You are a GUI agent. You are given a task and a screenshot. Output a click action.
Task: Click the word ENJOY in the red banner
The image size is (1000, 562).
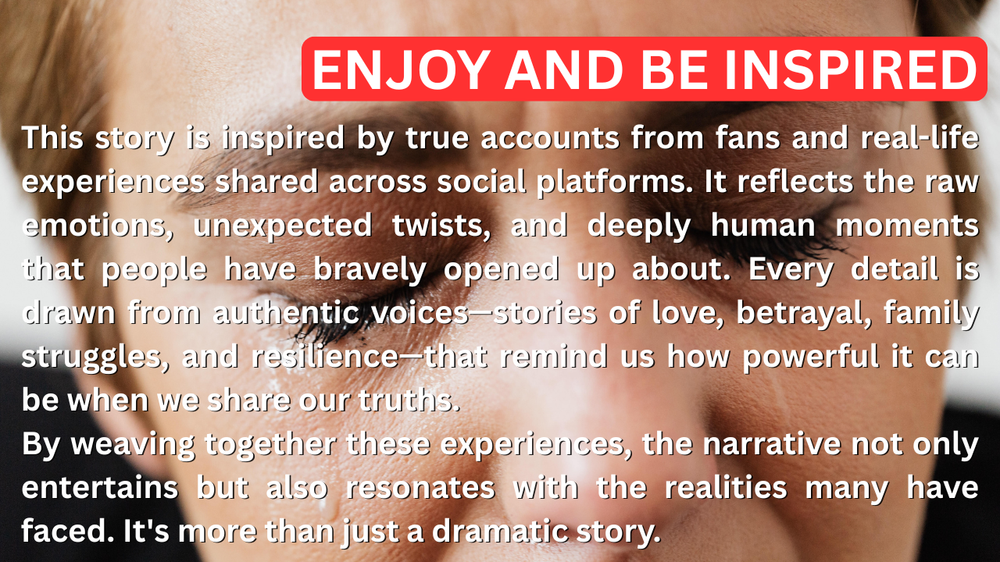click(x=399, y=70)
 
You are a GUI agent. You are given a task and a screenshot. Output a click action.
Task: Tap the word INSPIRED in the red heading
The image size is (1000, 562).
click(x=851, y=70)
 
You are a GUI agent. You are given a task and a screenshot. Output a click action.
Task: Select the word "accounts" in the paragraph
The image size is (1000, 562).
click(x=550, y=137)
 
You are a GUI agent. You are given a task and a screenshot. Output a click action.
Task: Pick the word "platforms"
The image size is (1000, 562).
click(x=614, y=183)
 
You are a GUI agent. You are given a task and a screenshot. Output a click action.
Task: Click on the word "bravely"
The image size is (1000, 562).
click(x=370, y=270)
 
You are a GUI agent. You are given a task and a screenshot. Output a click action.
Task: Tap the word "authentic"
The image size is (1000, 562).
click(x=286, y=312)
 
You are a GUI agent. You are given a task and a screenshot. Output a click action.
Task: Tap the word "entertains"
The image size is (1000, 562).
click(x=100, y=488)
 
